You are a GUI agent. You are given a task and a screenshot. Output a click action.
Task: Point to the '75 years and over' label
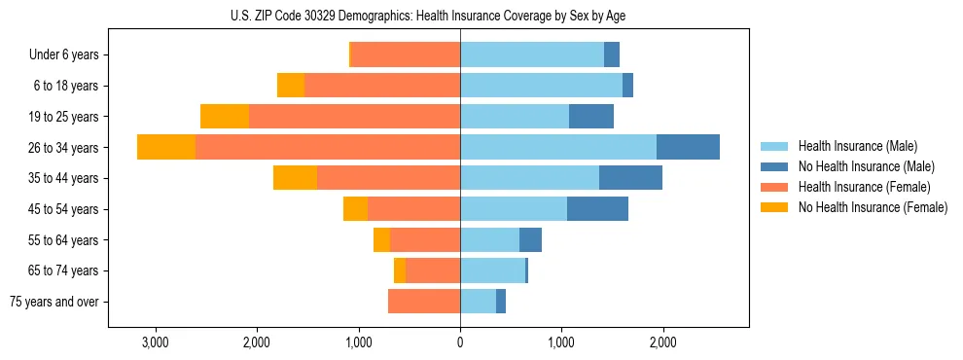pos(54,302)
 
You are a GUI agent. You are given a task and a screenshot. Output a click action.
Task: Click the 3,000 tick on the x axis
pos(156,342)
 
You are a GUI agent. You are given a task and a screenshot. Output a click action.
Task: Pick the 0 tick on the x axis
pos(460,342)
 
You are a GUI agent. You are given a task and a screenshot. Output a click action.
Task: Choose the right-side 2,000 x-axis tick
pos(662,342)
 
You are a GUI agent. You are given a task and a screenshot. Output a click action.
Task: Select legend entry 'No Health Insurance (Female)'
pos(873,207)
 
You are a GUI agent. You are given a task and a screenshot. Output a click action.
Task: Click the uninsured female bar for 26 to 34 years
pos(166,147)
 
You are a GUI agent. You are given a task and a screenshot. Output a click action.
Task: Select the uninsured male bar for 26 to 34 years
pos(688,147)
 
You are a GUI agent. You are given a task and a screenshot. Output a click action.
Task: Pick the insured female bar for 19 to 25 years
pos(354,117)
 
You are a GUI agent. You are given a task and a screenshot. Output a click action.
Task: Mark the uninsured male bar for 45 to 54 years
pos(597,209)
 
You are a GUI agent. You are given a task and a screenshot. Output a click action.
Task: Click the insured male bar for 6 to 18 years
pos(541,86)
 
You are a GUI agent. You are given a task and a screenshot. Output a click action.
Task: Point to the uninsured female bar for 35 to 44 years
pos(295,178)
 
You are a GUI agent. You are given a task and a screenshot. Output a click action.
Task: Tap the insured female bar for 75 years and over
pos(424,302)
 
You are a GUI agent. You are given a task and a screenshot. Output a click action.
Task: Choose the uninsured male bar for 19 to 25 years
pos(591,117)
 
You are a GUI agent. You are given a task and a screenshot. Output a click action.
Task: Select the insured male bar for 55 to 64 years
pos(489,240)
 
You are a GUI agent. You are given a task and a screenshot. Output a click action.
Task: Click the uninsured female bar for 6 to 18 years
pos(291,86)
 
